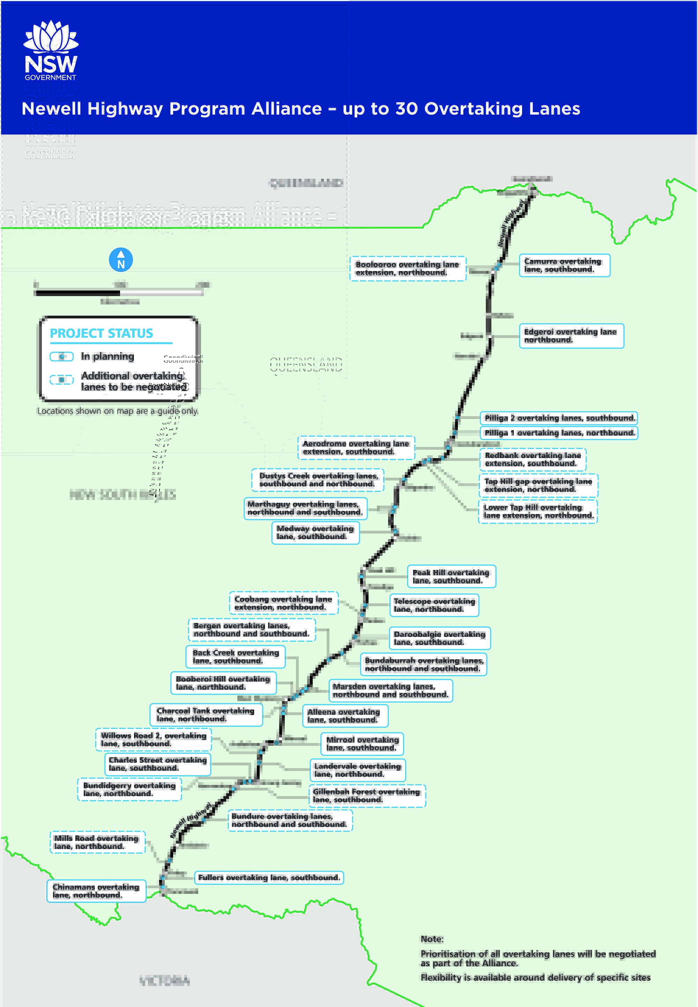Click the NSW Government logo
pos(51,50)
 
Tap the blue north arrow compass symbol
pos(121,260)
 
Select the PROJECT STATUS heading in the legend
pos(102,333)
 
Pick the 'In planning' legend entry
pos(107,357)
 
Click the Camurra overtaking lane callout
pos(564,265)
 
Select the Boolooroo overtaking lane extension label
pos(408,268)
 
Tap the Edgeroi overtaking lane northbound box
pos(571,336)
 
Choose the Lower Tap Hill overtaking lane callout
pos(538,512)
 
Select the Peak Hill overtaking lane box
pos(451,576)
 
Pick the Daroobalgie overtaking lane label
pos(439,638)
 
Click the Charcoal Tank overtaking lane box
pos(206,714)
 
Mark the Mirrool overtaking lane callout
pos(363,744)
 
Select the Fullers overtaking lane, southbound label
pos(269,877)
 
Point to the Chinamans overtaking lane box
pos(96,891)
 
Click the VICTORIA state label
pos(164,980)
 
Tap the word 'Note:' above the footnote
pos(432,939)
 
